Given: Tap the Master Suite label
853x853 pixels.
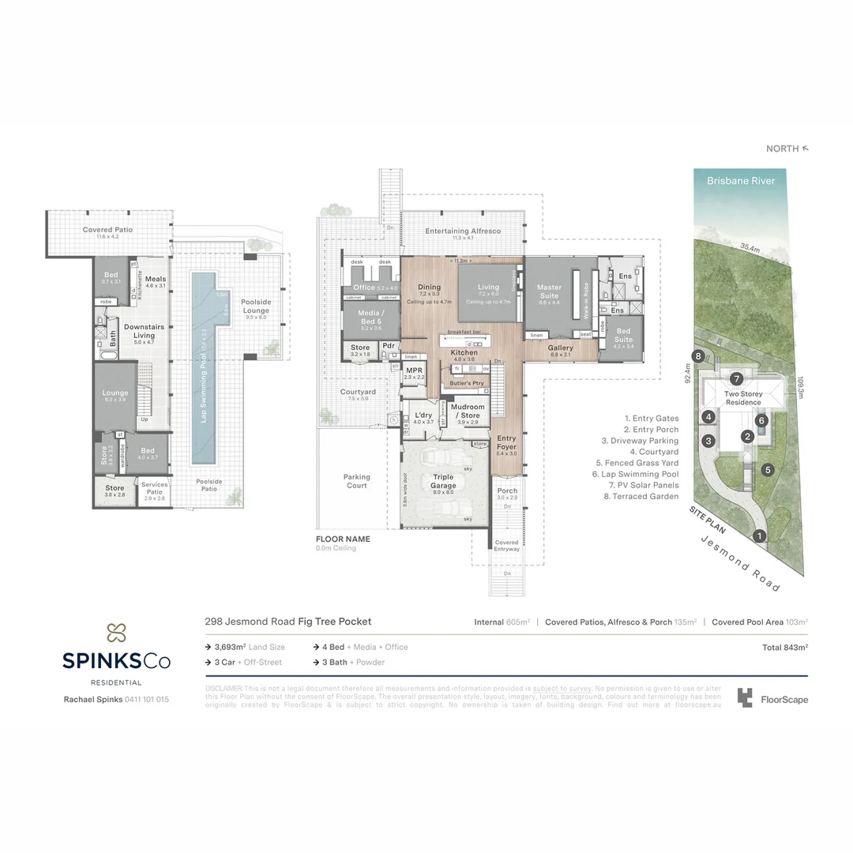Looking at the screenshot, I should pos(548,291).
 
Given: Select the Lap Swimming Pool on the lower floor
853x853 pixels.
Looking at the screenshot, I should pos(204,367).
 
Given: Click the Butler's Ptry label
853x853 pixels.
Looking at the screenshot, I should pos(466,383).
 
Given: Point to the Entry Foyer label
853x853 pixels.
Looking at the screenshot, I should pos(506,442).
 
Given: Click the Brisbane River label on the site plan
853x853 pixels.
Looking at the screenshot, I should pos(740,181).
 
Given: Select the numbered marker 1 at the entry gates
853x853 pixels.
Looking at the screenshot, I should pos(759,536).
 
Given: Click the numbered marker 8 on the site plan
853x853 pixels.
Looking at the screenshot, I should pos(697,357).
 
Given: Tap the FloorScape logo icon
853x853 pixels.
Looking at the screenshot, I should pos(744,697).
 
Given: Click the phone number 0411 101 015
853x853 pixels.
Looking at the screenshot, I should pos(147,699).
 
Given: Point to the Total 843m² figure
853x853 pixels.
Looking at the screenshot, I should pos(784,647).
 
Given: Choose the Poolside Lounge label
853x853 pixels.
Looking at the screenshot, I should pos(256,306).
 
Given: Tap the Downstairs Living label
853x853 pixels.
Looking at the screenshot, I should pos(144,331).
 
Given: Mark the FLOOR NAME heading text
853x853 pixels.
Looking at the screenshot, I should pos(343,539).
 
